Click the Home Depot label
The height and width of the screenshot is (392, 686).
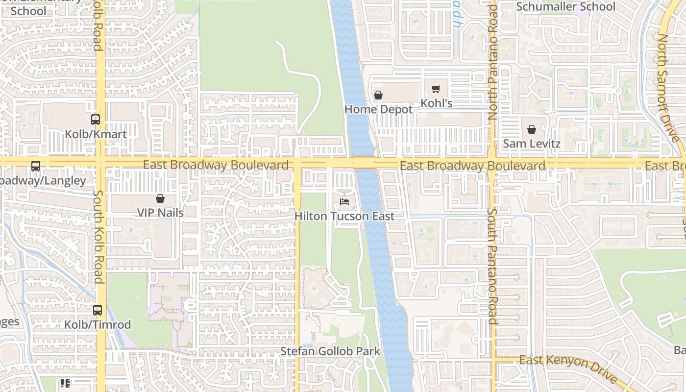pos(379,109)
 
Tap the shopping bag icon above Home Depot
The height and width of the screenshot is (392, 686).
pos(378,95)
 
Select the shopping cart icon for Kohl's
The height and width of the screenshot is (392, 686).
pos(436,89)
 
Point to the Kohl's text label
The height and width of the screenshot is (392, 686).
pos(437,103)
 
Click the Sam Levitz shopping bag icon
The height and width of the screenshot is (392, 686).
pos(532,129)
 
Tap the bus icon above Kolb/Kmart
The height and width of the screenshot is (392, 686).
pos(96,119)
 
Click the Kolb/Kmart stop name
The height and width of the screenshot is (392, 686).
pos(96,134)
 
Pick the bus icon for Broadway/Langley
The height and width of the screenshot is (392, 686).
pos(36,166)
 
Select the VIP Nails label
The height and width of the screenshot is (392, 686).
pos(160,213)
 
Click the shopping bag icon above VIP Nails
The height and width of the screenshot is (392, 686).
pos(160,198)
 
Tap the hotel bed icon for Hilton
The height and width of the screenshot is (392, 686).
pos(344,201)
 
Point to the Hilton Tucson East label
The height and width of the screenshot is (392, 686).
pos(344,216)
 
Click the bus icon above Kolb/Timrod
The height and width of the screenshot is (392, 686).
pos(98,310)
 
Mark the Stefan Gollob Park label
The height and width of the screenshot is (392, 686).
pos(330,351)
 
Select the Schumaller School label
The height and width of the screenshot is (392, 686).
pos(566,7)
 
